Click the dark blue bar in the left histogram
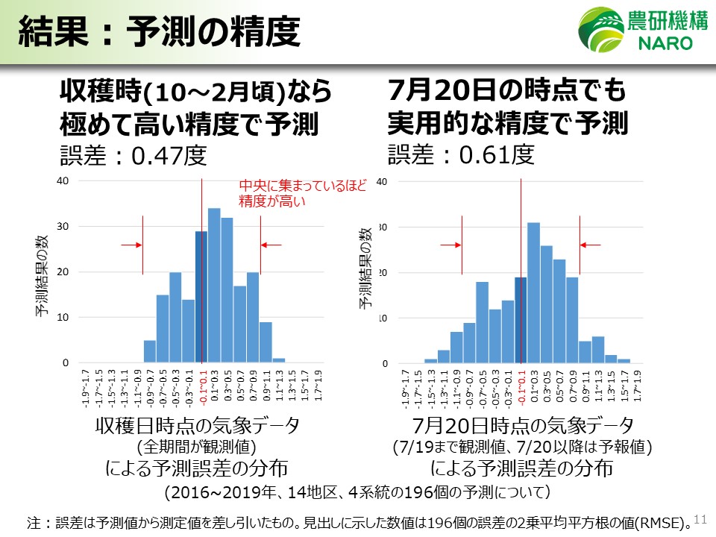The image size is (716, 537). click(201, 297)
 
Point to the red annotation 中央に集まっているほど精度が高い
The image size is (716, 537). click(302, 193)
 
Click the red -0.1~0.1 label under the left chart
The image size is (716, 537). click(202, 389)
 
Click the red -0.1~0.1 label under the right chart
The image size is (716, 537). click(521, 389)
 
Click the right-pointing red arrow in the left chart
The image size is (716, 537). click(131, 245)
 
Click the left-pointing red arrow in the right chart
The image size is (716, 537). click(591, 245)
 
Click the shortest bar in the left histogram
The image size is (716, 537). click(279, 361)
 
